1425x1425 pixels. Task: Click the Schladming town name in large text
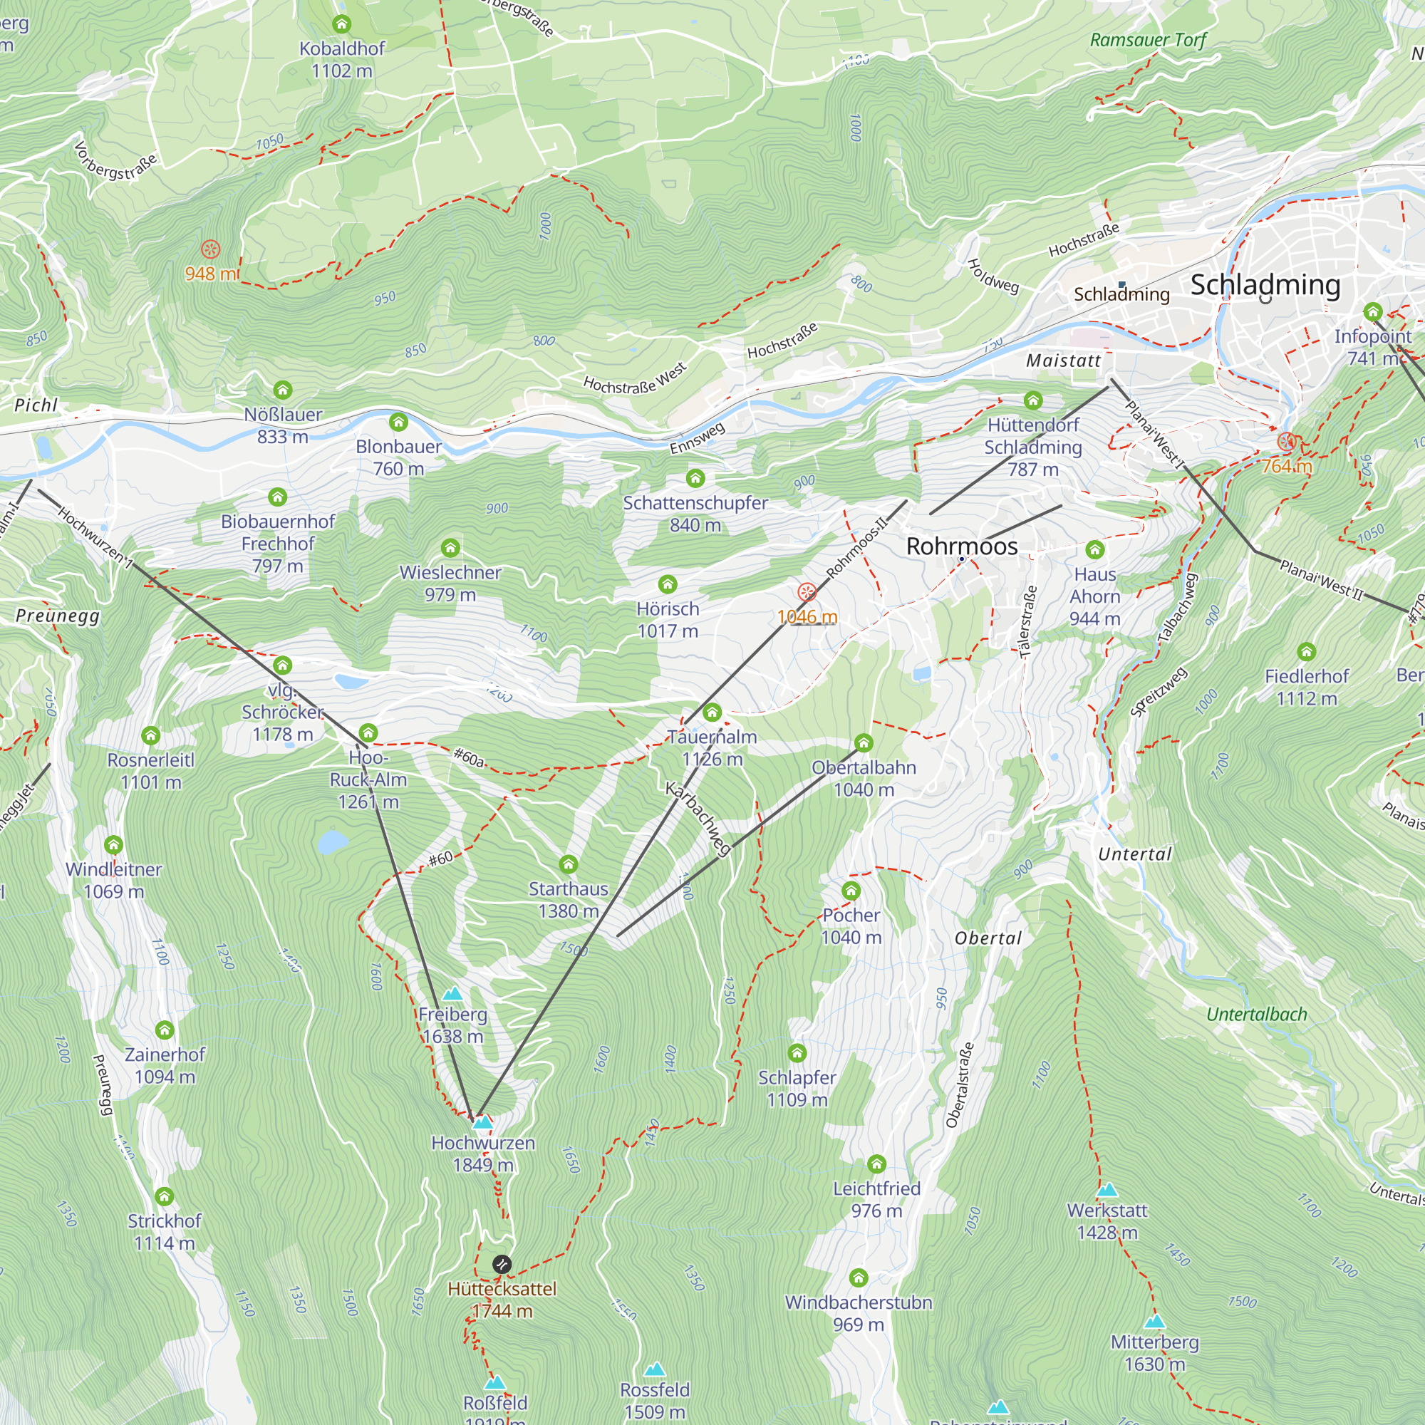(1265, 285)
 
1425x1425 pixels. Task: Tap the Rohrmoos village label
(962, 546)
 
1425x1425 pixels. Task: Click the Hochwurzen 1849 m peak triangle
(482, 1123)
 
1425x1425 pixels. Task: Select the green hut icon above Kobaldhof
(341, 24)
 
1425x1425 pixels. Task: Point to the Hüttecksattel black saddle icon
(502, 1264)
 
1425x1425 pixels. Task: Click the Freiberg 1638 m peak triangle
(452, 994)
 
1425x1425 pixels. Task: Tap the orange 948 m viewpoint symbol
(210, 249)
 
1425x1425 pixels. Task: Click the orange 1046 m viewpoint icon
(807, 592)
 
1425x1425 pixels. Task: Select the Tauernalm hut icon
(712, 712)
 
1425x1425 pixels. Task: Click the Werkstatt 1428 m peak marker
(1107, 1191)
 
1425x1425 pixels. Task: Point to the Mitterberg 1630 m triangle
(1154, 1322)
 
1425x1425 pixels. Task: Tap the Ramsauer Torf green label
(1148, 40)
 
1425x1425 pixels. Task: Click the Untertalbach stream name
(1256, 1015)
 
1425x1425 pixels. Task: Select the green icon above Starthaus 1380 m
(568, 864)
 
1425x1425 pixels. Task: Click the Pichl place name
(36, 405)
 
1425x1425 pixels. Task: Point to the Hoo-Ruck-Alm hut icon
(368, 733)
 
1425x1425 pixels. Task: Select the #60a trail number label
(469, 757)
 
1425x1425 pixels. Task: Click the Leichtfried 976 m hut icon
(876, 1165)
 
